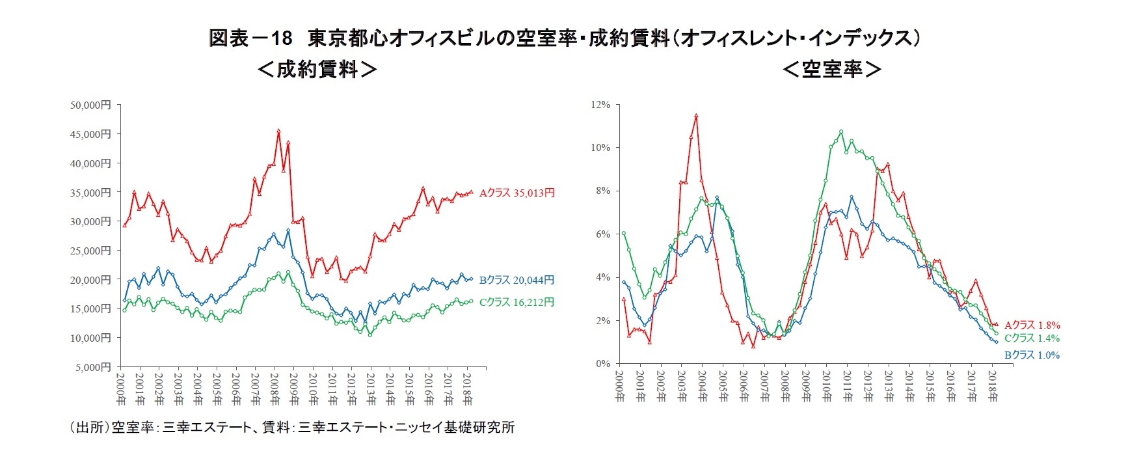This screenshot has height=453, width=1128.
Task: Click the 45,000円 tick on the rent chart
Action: tap(90, 134)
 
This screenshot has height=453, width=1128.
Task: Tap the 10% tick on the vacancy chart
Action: tap(600, 148)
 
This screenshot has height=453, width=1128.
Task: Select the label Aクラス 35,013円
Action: tap(517, 193)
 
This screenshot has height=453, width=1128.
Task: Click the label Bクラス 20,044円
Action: tap(517, 280)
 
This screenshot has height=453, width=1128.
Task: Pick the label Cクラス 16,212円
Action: tap(517, 302)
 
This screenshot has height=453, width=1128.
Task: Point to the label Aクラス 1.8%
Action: tap(1032, 325)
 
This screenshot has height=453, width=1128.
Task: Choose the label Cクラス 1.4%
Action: tap(1032, 338)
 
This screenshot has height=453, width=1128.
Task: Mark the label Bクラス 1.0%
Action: tap(1032, 355)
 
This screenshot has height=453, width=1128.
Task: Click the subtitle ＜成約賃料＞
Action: tap(317, 69)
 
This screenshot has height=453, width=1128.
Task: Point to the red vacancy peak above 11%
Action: tap(696, 116)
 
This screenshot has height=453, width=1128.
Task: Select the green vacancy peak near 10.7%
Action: tap(841, 131)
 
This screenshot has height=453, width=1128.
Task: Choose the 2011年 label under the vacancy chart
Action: tap(847, 387)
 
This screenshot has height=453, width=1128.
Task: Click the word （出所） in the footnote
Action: tap(89, 428)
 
